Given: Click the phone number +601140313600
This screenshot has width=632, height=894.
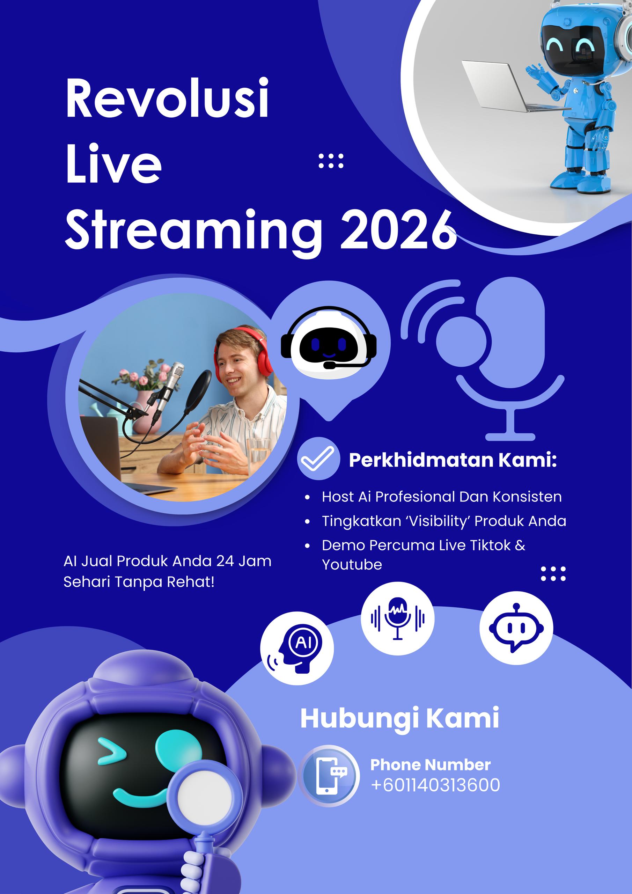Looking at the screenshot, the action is pyautogui.click(x=435, y=785).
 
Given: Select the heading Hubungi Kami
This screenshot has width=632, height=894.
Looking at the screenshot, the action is pyautogui.click(x=399, y=718).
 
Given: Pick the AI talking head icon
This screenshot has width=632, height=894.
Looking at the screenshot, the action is pyautogui.click(x=297, y=648).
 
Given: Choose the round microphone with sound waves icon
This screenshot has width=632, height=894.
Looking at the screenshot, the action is pyautogui.click(x=397, y=618).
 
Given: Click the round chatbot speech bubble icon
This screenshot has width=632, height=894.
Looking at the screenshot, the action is pyautogui.click(x=516, y=628).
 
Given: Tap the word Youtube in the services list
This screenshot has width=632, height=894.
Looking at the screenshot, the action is pyautogui.click(x=352, y=565).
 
